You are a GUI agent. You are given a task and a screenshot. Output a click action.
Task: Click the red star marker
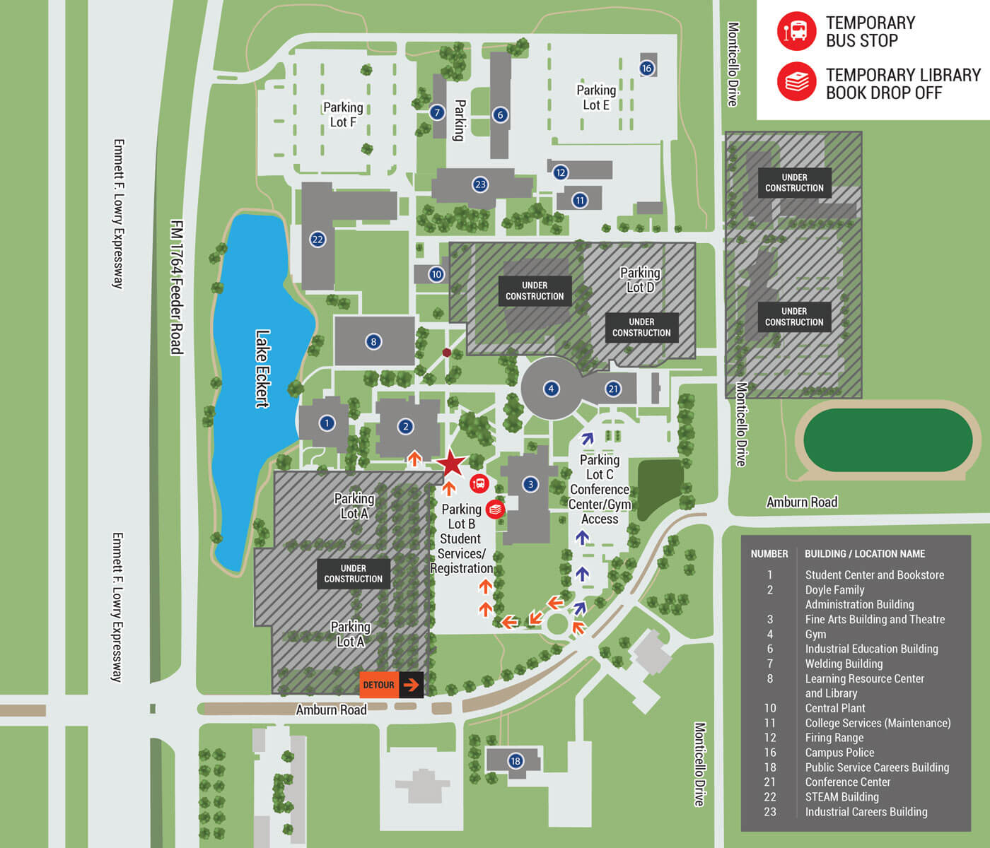point(451,464)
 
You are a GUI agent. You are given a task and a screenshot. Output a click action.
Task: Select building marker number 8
point(373,342)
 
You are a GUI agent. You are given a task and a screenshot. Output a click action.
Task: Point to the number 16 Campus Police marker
point(646,69)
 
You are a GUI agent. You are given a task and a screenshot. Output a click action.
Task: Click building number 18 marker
point(516,761)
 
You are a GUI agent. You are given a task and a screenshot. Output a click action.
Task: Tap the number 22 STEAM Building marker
point(318,240)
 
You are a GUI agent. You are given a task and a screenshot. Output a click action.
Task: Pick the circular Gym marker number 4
point(551,389)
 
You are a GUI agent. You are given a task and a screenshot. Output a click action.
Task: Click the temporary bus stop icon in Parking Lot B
point(479,484)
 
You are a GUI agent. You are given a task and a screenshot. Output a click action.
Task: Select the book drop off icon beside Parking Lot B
point(495,510)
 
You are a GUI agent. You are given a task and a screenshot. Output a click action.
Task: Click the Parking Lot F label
point(343,114)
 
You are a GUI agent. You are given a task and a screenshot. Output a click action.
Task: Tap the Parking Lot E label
point(596,97)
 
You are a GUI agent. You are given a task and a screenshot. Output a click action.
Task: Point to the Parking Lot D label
point(640,280)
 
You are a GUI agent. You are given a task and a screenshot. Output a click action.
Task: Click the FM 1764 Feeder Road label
point(177,287)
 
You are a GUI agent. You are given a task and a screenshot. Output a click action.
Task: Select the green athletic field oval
point(887,440)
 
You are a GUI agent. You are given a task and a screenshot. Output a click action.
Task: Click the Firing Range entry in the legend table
point(834,738)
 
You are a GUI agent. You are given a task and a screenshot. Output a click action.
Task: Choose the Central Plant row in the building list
point(835,708)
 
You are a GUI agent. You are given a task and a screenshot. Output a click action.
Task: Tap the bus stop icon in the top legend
point(796,31)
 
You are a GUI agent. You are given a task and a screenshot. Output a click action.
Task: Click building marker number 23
point(480,184)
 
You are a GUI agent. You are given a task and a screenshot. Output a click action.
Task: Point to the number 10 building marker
point(436,274)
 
